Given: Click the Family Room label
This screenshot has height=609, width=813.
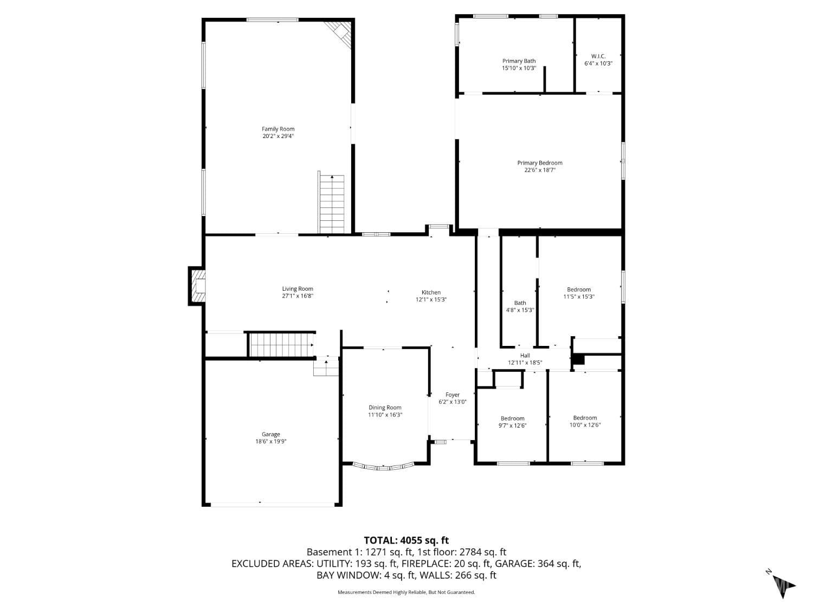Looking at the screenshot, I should pos(278,129).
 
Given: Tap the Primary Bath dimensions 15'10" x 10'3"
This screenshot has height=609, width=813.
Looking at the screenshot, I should pos(519,68).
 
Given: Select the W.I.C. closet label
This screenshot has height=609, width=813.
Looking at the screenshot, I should pos(598,56).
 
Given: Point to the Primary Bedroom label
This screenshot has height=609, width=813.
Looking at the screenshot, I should pos(539,162).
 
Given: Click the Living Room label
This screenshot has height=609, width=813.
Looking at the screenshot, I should pos(298,289).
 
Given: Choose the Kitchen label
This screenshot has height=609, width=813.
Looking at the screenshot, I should pos(431,292).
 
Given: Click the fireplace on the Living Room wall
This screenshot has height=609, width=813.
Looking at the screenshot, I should pos(198,286).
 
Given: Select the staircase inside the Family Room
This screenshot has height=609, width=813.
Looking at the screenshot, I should pos(332,204).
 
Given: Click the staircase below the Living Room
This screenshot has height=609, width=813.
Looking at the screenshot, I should pos(280,345).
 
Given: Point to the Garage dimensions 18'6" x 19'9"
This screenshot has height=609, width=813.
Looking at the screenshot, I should pos(271,441).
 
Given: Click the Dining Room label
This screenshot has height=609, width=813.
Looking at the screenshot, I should pos(385,408).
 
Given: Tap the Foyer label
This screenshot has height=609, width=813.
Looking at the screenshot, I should pos(453,395).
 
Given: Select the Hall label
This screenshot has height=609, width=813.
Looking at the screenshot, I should pos(525,356).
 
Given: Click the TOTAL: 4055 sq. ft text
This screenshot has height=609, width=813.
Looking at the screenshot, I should pos(406,540).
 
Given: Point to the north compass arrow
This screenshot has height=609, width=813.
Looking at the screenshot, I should pos(784,585).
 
